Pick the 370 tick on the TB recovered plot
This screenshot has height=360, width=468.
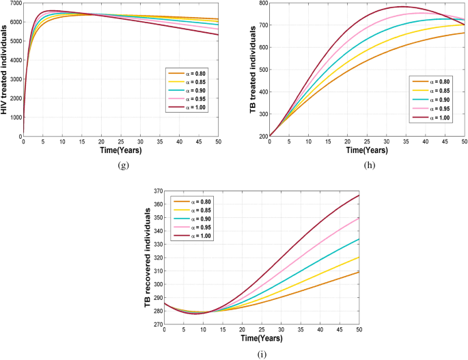point(156,191)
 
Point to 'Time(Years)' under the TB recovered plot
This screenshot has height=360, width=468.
point(261,337)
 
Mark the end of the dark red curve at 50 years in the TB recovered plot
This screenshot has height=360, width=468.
point(359,195)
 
